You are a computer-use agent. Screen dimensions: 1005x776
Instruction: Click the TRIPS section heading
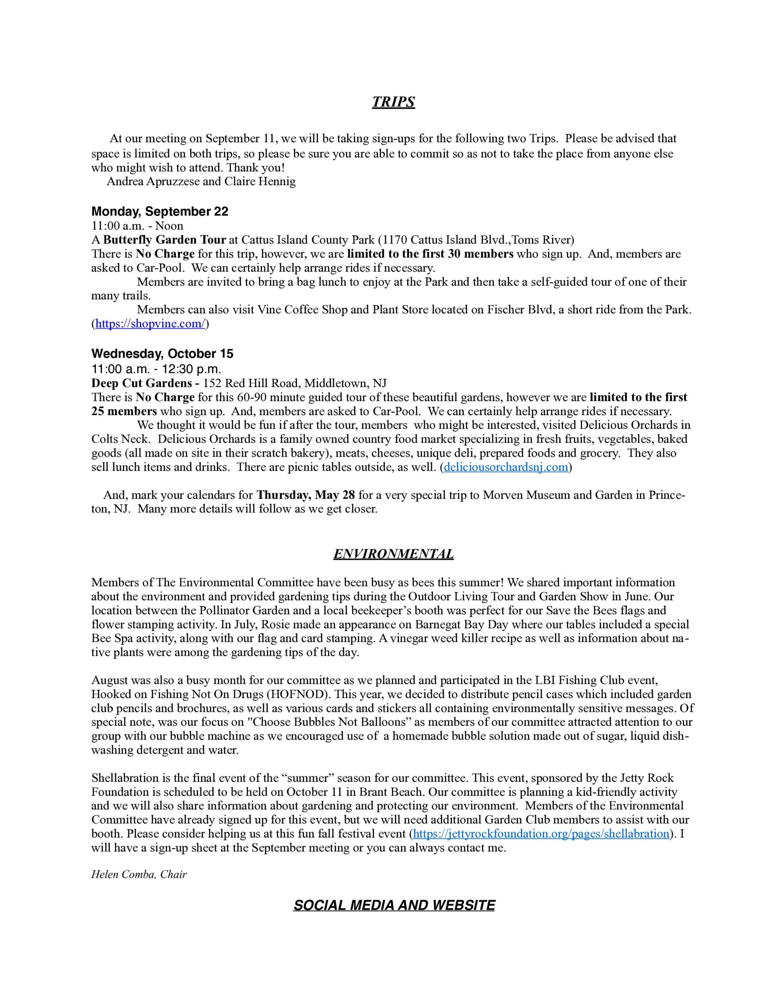click(x=393, y=102)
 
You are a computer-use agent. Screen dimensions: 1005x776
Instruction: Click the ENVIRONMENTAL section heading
click(x=393, y=554)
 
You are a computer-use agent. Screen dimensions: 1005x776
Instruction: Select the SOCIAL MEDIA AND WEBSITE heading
click(x=394, y=905)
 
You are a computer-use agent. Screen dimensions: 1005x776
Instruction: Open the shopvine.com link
click(x=150, y=323)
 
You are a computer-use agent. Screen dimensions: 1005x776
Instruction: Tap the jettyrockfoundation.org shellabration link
click(x=541, y=833)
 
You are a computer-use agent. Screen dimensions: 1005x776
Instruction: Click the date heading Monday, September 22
click(x=160, y=211)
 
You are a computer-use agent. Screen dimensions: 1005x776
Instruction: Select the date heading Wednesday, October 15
click(x=162, y=353)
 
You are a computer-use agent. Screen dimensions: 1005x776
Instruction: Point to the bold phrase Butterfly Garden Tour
click(x=165, y=240)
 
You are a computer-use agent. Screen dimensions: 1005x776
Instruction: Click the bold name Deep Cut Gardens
click(x=142, y=383)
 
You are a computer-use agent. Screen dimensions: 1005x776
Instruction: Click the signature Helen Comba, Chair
click(x=139, y=874)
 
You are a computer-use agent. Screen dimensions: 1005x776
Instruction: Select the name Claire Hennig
click(x=260, y=181)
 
